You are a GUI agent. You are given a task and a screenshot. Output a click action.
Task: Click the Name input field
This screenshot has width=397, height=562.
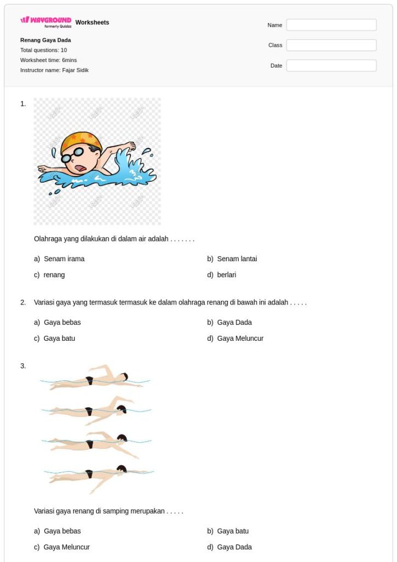click(331, 25)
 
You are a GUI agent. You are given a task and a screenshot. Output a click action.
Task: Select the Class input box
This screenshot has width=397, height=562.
click(331, 45)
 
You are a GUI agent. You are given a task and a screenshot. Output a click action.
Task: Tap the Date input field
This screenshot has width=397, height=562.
click(331, 66)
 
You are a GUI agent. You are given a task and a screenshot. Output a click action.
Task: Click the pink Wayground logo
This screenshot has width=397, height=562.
click(46, 21)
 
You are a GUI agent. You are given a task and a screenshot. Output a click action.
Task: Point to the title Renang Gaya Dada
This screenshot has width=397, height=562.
click(46, 40)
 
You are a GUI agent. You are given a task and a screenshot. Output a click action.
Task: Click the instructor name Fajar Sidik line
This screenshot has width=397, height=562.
click(54, 70)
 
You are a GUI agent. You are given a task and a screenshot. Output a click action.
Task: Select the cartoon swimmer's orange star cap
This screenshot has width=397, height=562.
click(81, 141)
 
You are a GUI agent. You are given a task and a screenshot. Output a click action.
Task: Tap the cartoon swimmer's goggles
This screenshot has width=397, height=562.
click(73, 155)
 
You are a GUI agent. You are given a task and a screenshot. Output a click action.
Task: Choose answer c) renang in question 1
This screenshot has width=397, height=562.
click(49, 275)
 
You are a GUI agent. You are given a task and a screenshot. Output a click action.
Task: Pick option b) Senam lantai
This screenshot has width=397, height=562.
click(232, 259)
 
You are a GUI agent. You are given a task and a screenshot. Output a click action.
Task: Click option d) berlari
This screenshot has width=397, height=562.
click(222, 275)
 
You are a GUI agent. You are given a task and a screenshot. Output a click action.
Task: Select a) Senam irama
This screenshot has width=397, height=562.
click(59, 259)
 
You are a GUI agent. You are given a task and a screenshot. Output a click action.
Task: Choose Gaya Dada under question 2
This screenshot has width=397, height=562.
click(229, 322)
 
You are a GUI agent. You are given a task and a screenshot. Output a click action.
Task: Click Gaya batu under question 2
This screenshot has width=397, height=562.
click(54, 338)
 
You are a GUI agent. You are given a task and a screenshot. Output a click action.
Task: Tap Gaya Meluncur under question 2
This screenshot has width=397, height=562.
click(235, 338)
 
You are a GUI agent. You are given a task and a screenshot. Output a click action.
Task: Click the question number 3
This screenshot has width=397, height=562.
click(23, 366)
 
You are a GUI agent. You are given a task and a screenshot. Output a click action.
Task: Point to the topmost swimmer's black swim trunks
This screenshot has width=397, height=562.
click(89, 381)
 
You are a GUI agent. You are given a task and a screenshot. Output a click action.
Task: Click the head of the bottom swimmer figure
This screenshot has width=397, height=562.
click(122, 469)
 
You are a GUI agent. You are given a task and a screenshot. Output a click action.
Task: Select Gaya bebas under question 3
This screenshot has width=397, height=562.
click(57, 531)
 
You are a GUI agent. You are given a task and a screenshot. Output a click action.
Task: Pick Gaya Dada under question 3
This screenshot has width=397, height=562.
click(229, 547)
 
